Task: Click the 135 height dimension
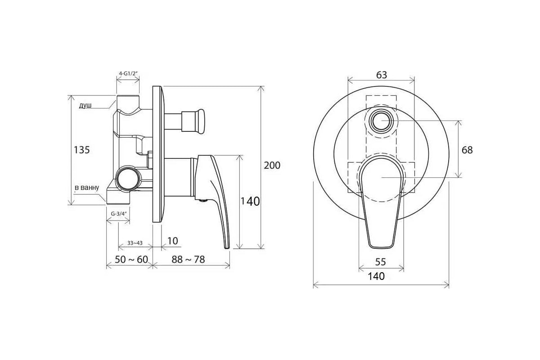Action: click(x=81, y=150)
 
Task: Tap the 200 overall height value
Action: click(x=272, y=166)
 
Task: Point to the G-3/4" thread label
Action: click(x=118, y=214)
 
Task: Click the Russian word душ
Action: click(x=85, y=106)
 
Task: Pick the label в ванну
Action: click(x=87, y=188)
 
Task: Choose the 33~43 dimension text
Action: click(x=135, y=243)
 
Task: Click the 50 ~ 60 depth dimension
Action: click(x=131, y=260)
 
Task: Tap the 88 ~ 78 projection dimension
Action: click(x=188, y=260)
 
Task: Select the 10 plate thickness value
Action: click(x=172, y=241)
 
